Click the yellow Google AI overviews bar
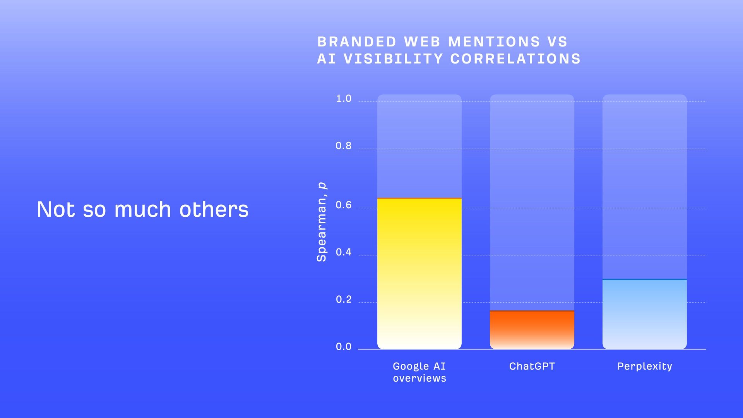(419, 274)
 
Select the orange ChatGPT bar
(532, 329)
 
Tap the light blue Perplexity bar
(644, 314)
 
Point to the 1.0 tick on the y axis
(344, 99)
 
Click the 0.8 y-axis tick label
(344, 146)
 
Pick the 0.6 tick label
(344, 205)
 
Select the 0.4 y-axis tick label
(344, 252)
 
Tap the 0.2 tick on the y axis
(344, 300)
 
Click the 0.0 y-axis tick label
(344, 347)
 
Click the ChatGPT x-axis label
(532, 366)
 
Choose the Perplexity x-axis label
(644, 366)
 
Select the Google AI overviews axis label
(419, 372)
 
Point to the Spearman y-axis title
(322, 222)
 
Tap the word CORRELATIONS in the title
(515, 59)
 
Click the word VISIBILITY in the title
(393, 59)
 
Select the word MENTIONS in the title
(494, 42)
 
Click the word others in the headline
(214, 209)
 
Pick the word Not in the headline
(56, 209)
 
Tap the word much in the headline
(142, 209)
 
